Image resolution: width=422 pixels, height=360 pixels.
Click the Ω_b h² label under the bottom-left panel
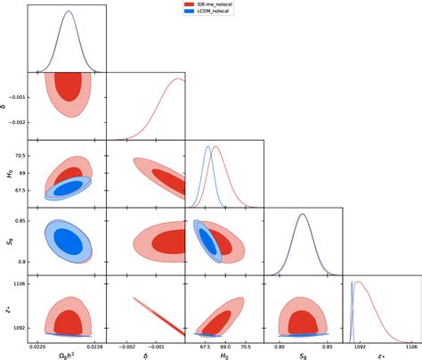coord(66,356)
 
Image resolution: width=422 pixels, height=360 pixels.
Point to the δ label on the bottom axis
coord(143,356)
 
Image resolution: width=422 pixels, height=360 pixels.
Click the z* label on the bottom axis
coord(381,356)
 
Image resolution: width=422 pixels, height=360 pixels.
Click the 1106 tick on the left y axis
coord(18,283)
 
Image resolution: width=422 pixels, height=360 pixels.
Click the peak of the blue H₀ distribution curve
coord(207,147)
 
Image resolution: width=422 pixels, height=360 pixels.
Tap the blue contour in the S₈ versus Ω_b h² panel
coord(67,241)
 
